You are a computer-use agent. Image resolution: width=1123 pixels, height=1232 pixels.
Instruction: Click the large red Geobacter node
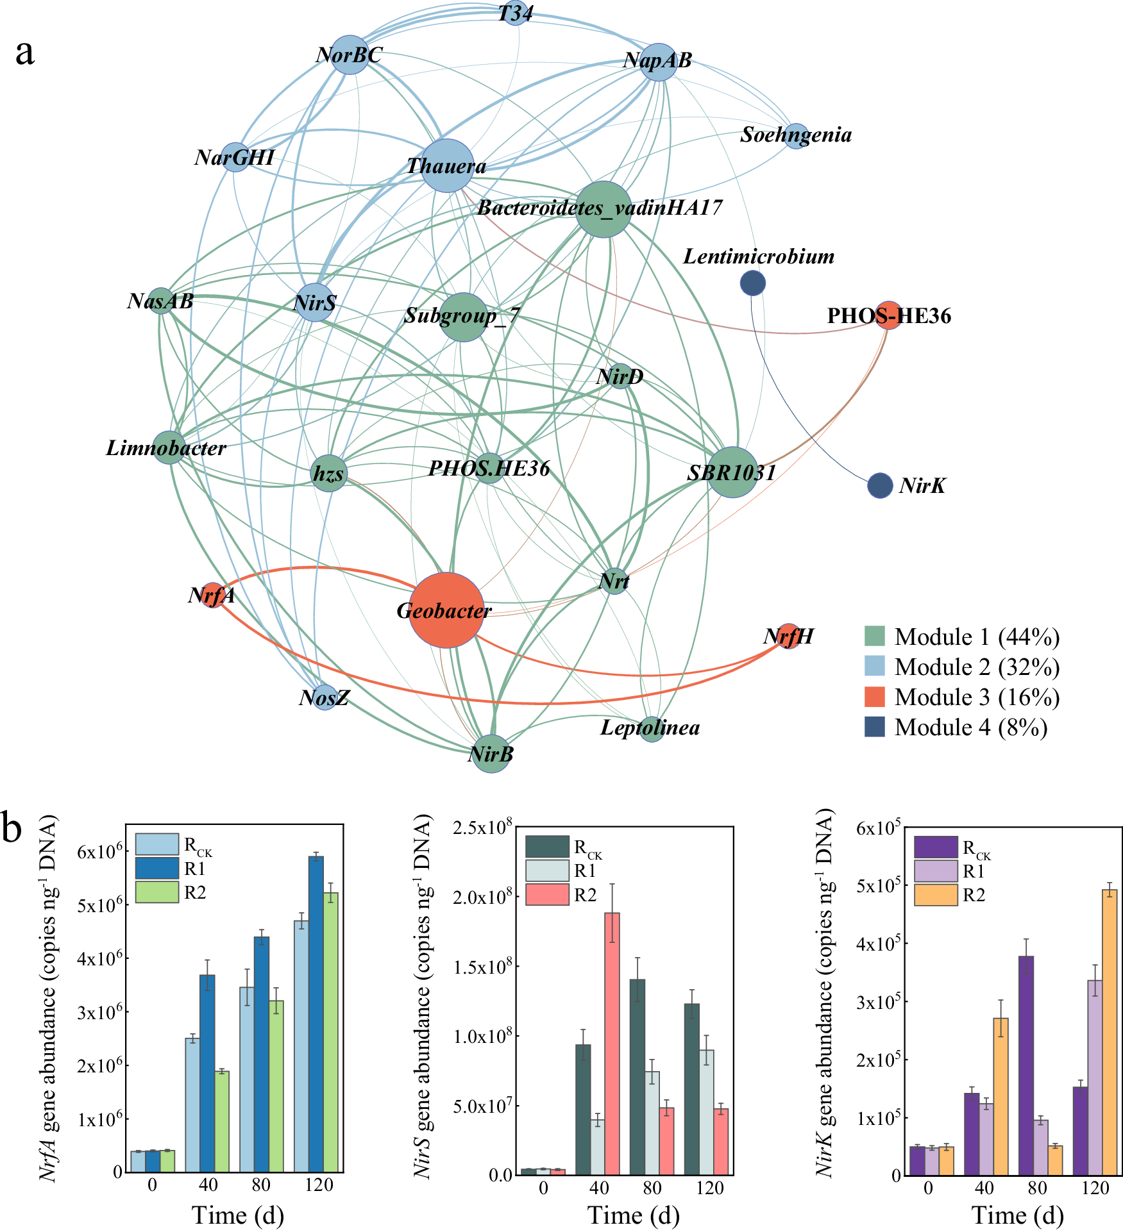point(446,610)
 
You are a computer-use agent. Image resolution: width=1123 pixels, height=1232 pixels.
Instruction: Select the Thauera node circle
point(447,165)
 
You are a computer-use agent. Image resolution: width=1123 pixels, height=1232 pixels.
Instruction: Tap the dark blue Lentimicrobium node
point(752,283)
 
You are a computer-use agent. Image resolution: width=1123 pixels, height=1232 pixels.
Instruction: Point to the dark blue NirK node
point(880,486)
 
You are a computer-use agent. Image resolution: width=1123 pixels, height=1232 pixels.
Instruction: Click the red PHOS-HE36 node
point(888,315)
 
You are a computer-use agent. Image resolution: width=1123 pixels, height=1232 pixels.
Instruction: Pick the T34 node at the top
point(516,13)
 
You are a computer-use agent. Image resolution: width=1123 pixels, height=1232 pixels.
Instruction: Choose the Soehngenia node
point(796,137)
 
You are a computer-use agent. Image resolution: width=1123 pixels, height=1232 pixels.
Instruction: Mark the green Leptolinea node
point(651,729)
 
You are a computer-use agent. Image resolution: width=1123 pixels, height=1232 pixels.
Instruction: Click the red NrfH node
point(788,636)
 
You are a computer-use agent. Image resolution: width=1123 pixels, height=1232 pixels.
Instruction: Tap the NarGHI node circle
point(235,156)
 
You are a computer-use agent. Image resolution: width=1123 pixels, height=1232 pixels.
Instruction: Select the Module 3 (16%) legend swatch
point(874,697)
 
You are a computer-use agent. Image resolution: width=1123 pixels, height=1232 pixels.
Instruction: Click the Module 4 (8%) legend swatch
point(874,727)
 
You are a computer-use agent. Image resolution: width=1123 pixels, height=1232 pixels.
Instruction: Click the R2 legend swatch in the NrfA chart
point(156,892)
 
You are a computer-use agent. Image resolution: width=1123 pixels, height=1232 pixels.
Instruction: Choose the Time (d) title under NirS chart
point(633,1215)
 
